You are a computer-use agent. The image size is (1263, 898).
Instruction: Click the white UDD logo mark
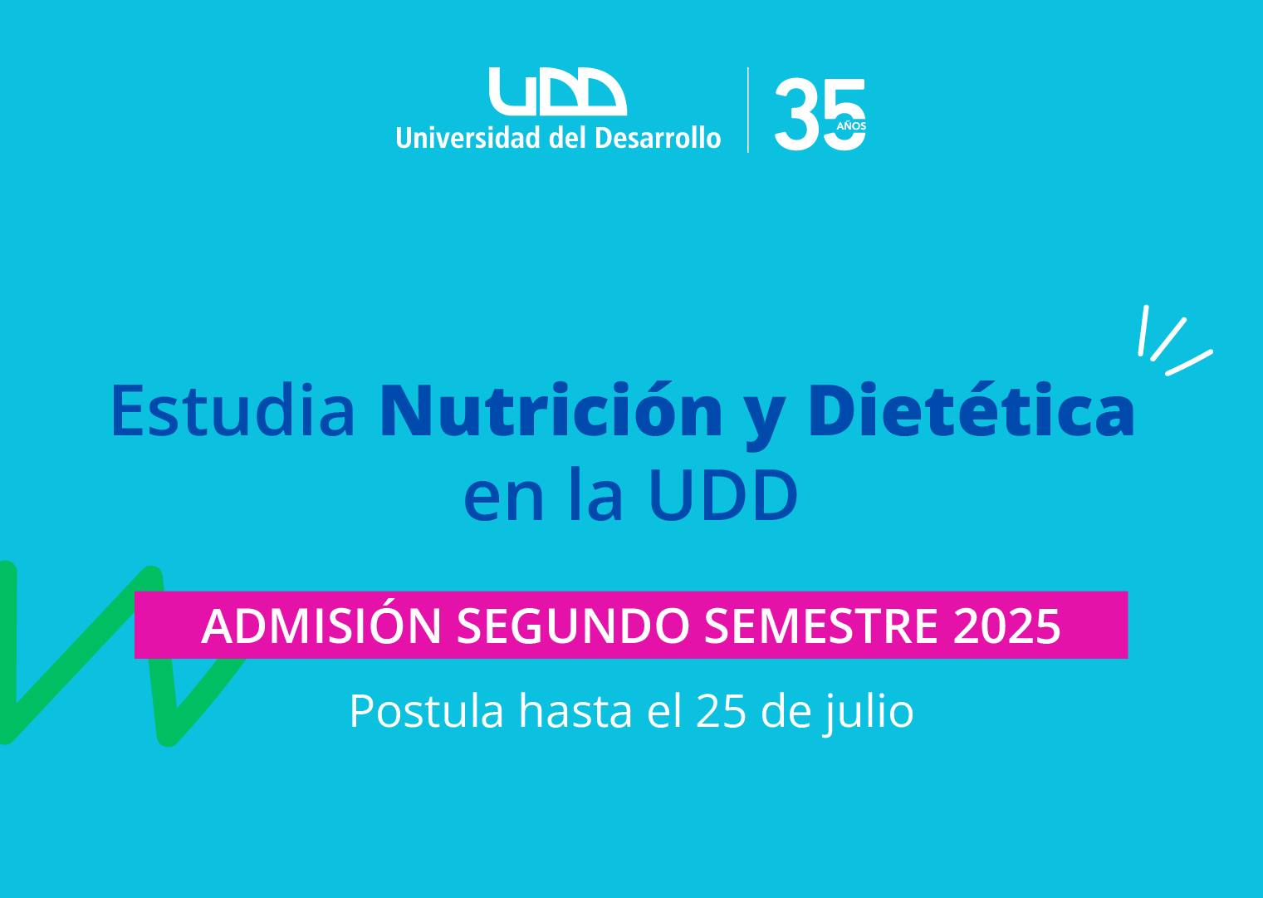[558, 91]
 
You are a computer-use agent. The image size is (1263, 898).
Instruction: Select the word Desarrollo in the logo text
[658, 138]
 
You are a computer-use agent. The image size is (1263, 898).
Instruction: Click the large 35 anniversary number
[820, 115]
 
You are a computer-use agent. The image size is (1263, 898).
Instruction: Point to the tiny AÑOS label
[851, 125]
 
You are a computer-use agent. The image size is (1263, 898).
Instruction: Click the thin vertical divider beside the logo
[747, 110]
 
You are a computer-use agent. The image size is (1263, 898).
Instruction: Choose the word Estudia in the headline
[233, 410]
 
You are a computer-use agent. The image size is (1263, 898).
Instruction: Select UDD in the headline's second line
[724, 495]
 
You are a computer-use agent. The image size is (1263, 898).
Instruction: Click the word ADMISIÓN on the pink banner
[321, 626]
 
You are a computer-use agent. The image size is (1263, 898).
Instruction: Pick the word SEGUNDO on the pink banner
[573, 626]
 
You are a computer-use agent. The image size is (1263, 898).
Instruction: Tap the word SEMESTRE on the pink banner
[821, 626]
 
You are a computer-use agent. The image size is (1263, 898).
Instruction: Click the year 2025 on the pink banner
[1007, 626]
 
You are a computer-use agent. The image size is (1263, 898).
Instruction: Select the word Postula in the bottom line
[426, 711]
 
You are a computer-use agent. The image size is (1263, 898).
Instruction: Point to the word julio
[869, 712]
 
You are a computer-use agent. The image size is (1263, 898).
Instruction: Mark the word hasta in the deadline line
[575, 711]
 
